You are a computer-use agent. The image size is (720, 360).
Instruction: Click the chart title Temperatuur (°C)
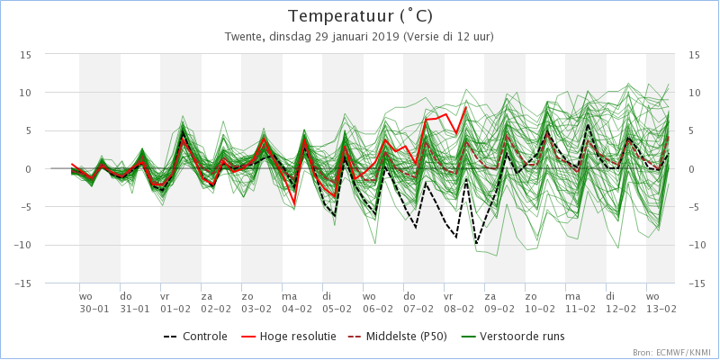coord(360,16)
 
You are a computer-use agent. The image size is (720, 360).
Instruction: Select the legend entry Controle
coord(195,337)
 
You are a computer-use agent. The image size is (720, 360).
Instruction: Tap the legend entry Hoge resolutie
coord(288,337)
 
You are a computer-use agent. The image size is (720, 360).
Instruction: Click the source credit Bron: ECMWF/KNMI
coord(673,353)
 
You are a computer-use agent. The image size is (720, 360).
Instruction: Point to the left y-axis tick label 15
coord(26,55)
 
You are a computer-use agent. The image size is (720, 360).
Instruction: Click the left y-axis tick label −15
coord(23,283)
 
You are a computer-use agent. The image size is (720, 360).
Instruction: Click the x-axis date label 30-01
coord(94,309)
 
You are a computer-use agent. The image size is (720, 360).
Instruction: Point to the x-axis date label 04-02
coord(297,309)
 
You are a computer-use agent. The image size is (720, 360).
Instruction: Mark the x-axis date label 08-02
coord(459,309)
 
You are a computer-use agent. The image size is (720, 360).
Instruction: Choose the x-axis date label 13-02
coord(661,309)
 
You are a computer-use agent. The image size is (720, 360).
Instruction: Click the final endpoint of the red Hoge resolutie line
coord(466,107)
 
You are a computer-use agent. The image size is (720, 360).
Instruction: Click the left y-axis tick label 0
coord(29,169)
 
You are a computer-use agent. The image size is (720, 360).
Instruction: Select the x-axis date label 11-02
coord(580,309)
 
